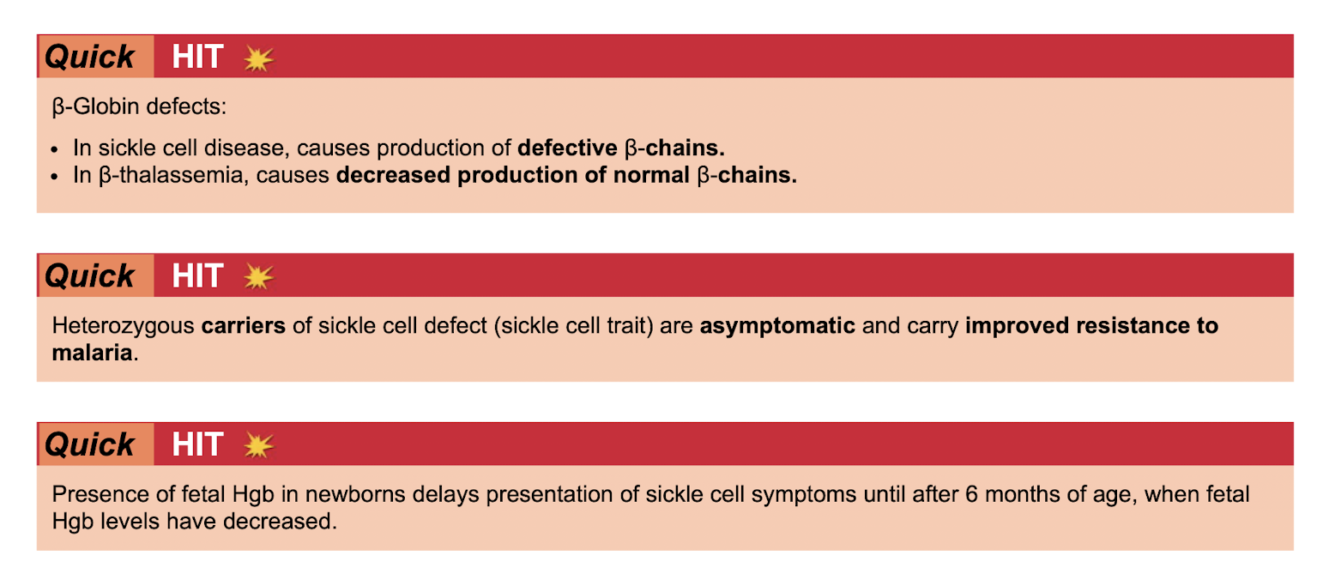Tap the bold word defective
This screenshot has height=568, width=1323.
coord(567,148)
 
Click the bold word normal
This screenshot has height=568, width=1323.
coord(651,175)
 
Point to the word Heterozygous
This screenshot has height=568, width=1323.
coord(123,326)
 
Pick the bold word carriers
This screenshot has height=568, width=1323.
coord(244,326)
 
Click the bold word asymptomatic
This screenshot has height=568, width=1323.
coord(777,326)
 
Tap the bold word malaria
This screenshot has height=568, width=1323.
coord(92,353)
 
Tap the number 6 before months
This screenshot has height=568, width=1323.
coord(971,494)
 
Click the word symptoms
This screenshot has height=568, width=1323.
coord(803,495)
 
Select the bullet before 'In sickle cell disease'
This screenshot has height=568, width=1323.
coord(55,150)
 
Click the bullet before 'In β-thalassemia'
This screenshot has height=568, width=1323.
coord(55,177)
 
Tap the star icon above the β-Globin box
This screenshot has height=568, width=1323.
coord(259,58)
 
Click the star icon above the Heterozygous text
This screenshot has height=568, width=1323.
coord(259,277)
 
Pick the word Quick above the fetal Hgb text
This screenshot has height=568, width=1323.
coord(90,444)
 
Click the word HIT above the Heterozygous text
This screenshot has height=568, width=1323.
coord(197,275)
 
